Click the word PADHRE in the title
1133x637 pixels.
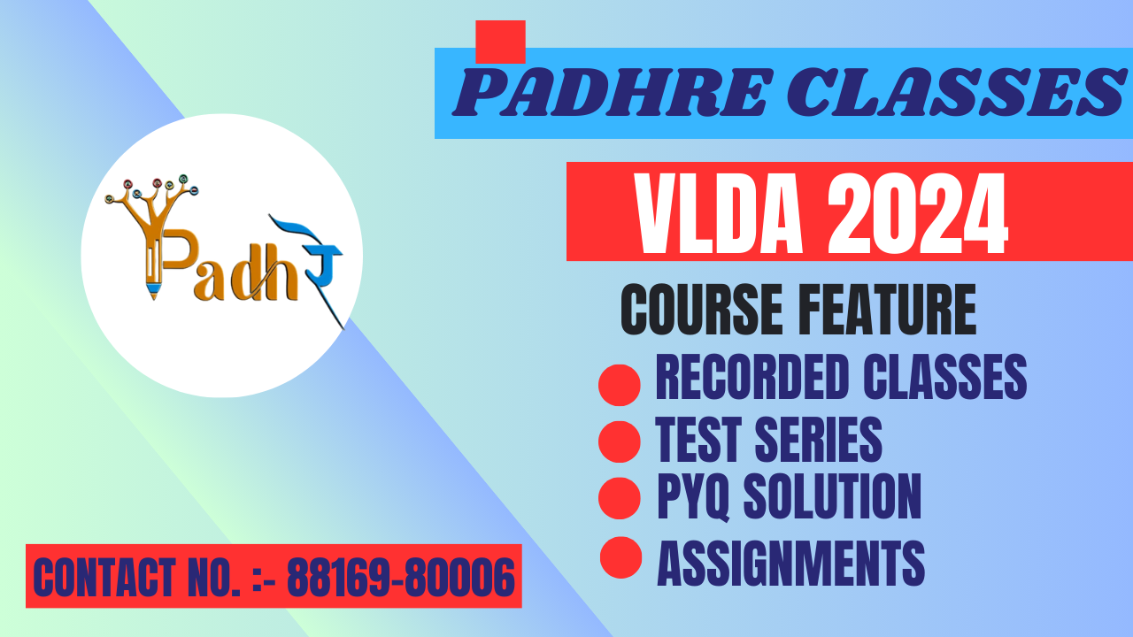(612, 93)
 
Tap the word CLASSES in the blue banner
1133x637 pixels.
(957, 93)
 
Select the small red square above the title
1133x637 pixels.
(500, 42)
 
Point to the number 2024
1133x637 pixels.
(918, 213)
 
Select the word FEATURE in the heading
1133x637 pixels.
(890, 309)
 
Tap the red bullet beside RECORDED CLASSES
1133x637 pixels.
(619, 385)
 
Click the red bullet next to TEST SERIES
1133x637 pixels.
(619, 441)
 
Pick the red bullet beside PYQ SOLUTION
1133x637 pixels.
(619, 498)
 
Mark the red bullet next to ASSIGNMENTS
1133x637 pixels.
(620, 557)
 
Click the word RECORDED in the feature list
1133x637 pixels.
(752, 377)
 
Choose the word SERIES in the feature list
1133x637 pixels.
(819, 439)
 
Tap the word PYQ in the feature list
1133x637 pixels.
(693, 496)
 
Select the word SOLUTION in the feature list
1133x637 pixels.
(832, 496)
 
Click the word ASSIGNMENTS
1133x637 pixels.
(790, 563)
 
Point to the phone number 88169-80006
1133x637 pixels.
(401, 577)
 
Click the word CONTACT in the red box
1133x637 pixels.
(104, 577)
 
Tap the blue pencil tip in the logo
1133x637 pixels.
(154, 291)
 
